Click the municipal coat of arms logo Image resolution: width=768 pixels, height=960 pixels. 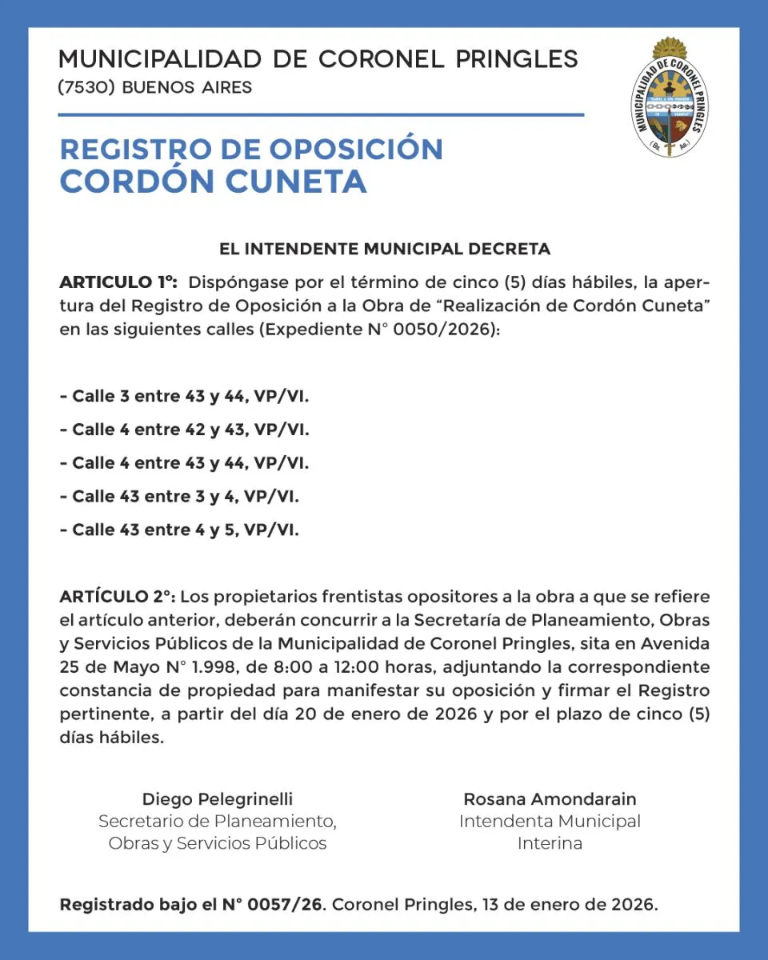(x=670, y=98)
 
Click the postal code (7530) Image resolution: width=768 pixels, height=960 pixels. (x=88, y=87)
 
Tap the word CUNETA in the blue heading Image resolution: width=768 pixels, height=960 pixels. (x=295, y=182)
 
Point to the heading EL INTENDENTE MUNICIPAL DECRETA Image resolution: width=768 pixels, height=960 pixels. (x=385, y=249)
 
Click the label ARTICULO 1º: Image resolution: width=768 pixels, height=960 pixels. (x=118, y=282)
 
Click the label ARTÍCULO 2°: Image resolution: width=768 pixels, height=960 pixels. (x=118, y=598)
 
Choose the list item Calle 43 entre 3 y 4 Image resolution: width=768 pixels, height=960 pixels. (x=179, y=497)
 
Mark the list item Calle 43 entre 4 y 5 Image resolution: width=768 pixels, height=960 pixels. (x=179, y=530)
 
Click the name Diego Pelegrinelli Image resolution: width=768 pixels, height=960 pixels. (x=218, y=798)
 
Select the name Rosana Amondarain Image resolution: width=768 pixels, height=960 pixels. (x=550, y=798)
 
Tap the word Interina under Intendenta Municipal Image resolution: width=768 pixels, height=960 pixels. (x=550, y=843)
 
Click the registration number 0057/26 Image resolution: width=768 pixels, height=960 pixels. (x=285, y=906)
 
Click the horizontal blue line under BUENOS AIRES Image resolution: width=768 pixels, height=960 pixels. (x=321, y=115)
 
